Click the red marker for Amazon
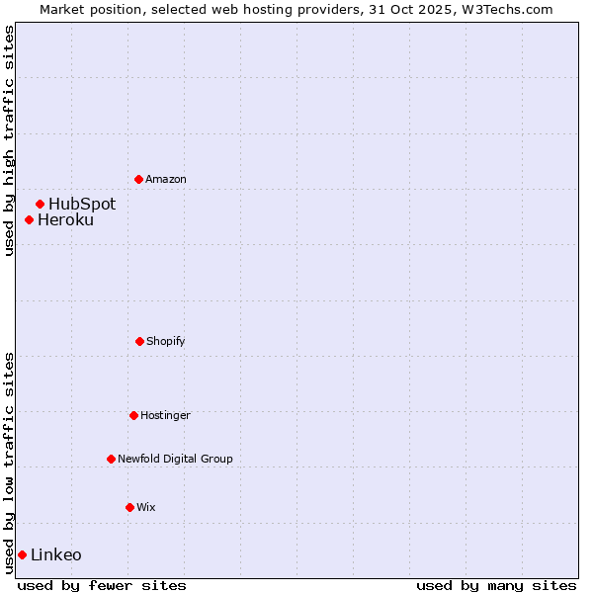coord(138,179)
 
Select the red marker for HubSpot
coord(40,204)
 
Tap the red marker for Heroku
coord(29,219)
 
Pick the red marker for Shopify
coord(139,341)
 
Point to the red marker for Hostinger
coord(133,415)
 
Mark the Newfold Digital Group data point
coord(111,459)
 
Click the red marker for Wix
coord(129,507)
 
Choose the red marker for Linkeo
coord(22,554)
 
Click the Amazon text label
coord(166,179)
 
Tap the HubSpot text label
coord(82,204)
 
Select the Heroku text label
coord(65,219)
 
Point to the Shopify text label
coord(166,341)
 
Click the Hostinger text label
coord(165,415)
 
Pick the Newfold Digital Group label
coord(175,459)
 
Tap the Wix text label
coord(146,507)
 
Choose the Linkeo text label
coord(56,554)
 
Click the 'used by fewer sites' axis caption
coord(102,585)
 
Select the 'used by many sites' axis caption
coord(496,585)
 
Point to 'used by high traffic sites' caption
coord(9,140)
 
